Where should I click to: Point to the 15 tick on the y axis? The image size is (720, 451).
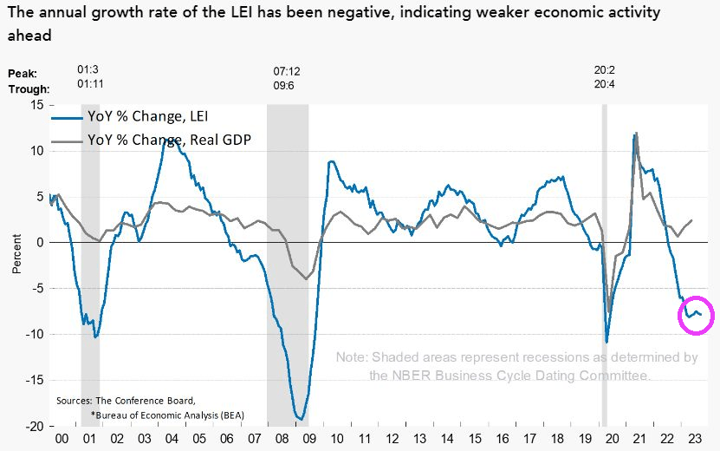click(36, 105)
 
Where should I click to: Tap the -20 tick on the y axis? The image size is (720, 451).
click(34, 427)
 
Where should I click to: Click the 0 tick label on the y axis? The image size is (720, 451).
click(40, 243)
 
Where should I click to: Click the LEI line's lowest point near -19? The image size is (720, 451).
click(300, 419)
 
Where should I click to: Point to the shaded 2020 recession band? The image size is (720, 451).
click(605, 260)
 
